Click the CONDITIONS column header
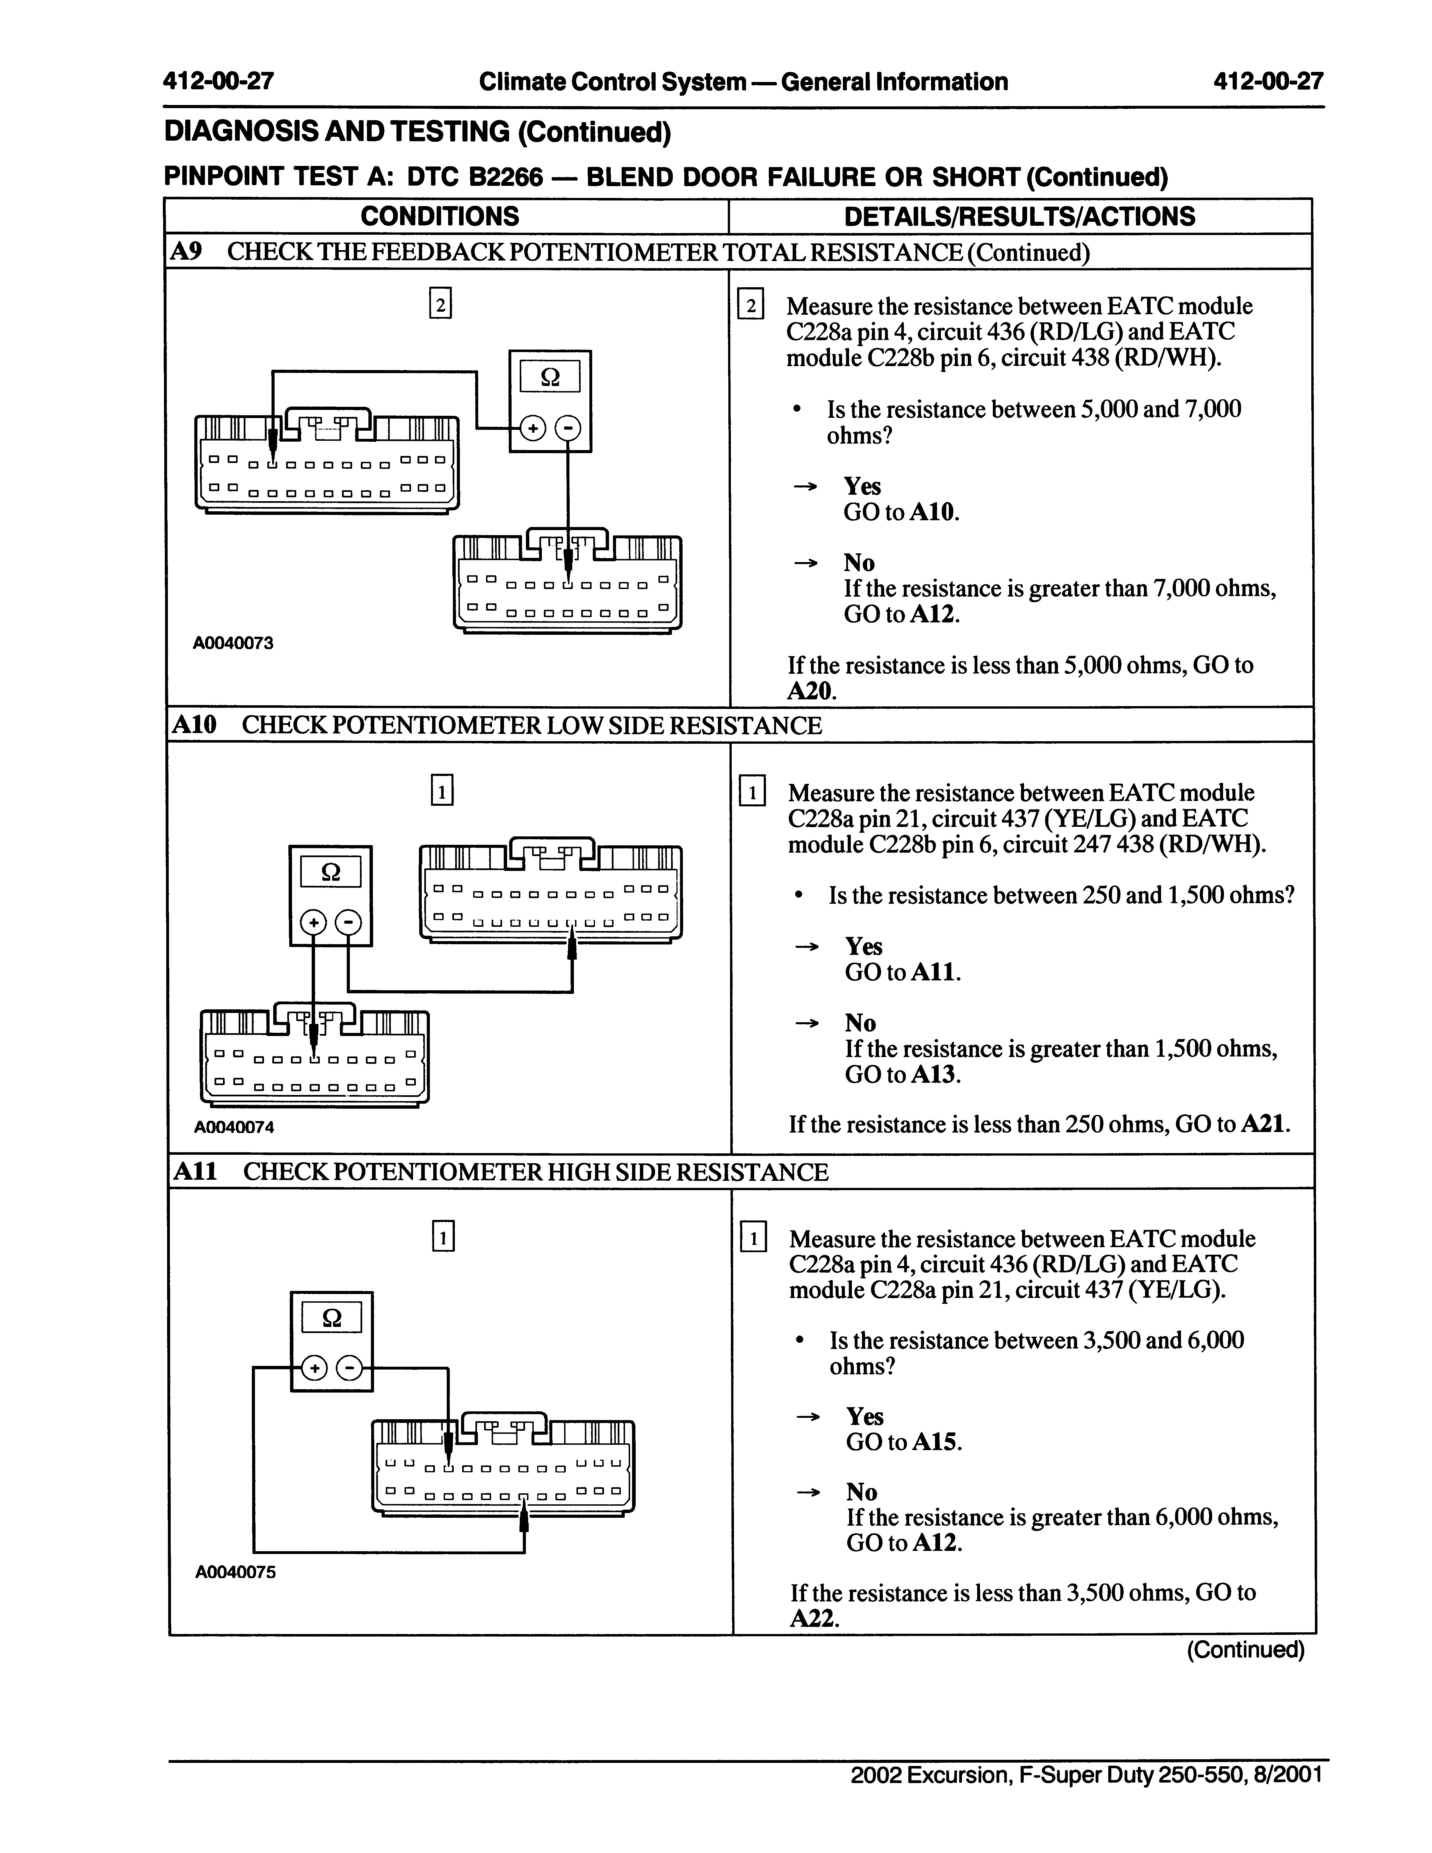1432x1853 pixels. (x=439, y=216)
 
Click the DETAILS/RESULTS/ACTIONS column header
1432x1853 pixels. (x=1020, y=216)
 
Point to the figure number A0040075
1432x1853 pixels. (x=235, y=1572)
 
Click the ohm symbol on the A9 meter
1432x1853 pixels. (x=550, y=377)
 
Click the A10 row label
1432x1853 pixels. (x=194, y=725)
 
